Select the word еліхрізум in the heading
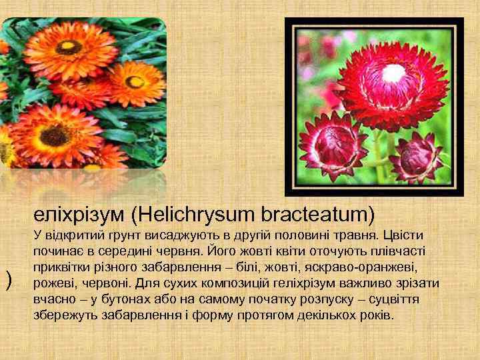[x=80, y=215]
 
